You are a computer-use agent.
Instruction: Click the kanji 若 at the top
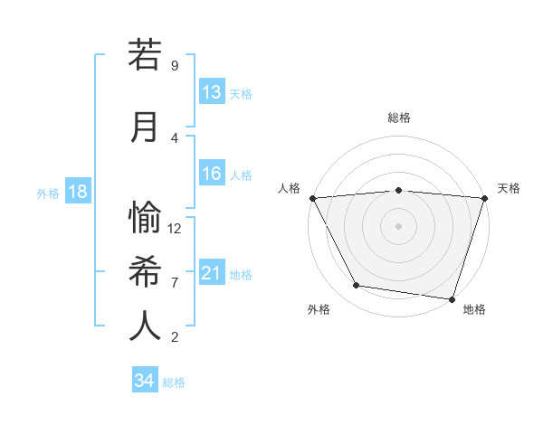145,55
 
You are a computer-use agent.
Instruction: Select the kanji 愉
145,217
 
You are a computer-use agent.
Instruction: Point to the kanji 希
145,271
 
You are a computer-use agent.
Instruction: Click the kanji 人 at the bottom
145,326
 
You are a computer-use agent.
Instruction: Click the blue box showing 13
212,92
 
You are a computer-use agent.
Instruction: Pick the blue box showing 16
212,175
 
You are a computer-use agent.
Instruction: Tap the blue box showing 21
212,273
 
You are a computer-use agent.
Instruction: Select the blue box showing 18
77,192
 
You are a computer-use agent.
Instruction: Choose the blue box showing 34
145,381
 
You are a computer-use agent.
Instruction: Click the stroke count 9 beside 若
174,66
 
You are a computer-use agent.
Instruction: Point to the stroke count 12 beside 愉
176,229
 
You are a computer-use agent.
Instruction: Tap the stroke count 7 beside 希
174,282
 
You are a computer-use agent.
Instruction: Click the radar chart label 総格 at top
398,118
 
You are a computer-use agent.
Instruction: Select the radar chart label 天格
509,188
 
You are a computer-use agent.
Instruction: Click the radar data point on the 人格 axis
312,197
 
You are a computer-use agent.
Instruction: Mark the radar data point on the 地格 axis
452,298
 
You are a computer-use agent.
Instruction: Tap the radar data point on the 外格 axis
357,286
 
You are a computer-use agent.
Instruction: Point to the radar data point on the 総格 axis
398,190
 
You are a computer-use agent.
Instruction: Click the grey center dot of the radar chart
398,225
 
